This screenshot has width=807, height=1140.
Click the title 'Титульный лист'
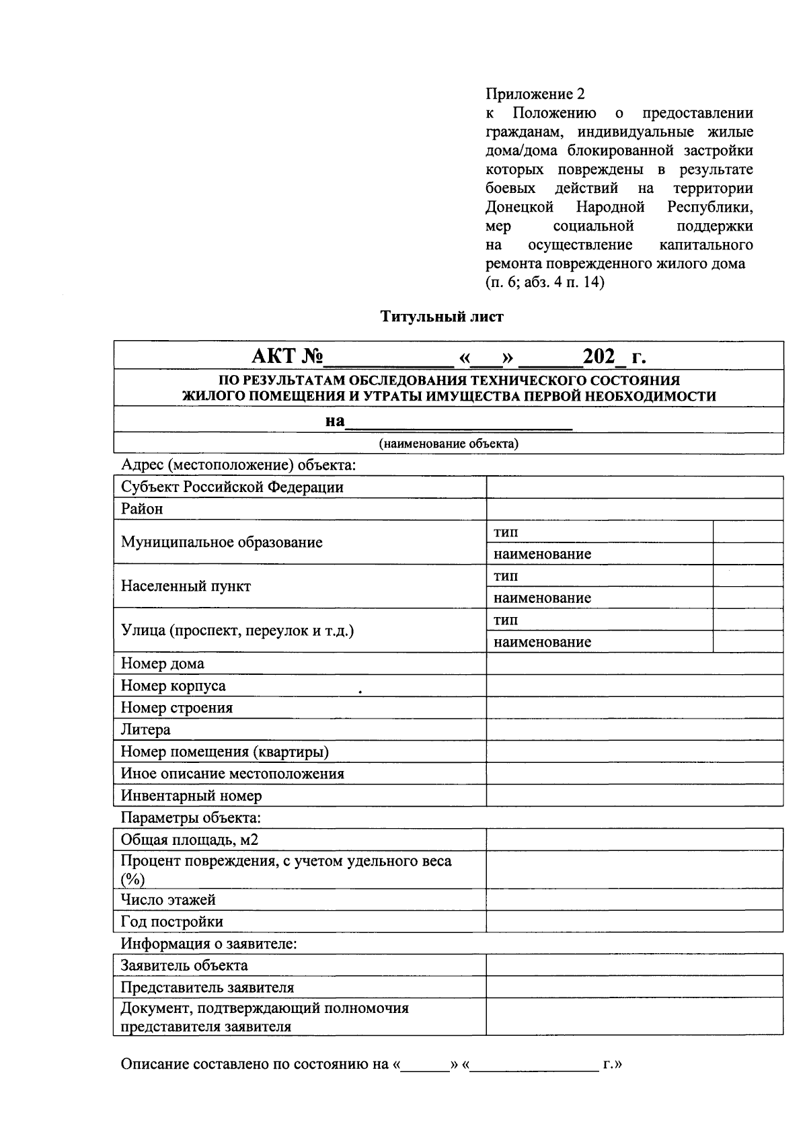click(442, 316)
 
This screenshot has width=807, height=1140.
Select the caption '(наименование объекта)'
click(448, 444)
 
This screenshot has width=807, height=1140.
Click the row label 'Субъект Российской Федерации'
click(232, 487)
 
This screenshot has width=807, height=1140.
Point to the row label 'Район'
click(142, 509)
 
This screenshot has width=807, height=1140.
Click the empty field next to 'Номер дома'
click(634, 664)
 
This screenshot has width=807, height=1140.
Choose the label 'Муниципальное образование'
click(222, 542)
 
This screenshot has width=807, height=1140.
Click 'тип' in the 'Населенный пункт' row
click(506, 576)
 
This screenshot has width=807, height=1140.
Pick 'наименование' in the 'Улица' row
click(542, 642)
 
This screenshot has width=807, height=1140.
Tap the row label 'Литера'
click(145, 729)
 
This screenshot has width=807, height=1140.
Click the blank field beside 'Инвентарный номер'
click(634, 795)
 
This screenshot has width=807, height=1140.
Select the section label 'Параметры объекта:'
click(190, 818)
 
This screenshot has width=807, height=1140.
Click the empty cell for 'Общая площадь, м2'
click(634, 840)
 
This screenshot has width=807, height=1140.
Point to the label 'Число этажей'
click(168, 899)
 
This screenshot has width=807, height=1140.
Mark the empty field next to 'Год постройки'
click(634, 922)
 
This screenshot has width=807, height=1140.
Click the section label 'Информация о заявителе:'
click(208, 944)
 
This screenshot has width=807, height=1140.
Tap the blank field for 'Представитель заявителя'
click(634, 987)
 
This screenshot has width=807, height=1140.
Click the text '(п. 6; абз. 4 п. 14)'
click(545, 282)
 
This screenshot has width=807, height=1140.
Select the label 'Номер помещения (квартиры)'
click(225, 751)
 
